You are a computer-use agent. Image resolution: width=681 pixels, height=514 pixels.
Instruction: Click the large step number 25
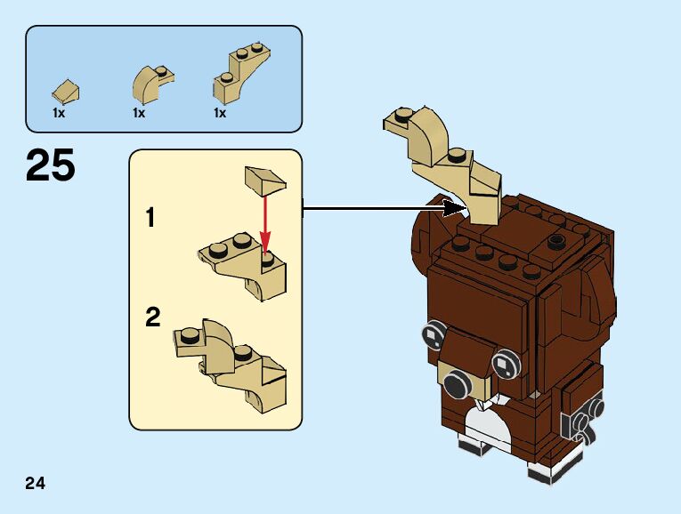pyautogui.click(x=51, y=166)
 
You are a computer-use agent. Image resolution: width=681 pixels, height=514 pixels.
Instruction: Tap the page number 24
pyautogui.click(x=36, y=484)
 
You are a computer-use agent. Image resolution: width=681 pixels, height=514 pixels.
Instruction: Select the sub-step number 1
pyautogui.click(x=150, y=217)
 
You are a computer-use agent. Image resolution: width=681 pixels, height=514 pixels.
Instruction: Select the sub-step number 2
pyautogui.click(x=153, y=317)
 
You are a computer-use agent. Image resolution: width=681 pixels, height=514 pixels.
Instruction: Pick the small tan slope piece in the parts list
pyautogui.click(x=67, y=89)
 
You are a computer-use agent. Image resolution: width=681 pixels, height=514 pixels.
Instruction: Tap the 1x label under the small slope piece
pyautogui.click(x=59, y=113)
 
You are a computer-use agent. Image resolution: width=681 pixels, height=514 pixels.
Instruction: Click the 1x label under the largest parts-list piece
pyautogui.click(x=220, y=113)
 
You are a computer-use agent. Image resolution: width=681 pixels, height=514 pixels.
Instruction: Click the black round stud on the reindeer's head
pyautogui.click(x=556, y=238)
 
